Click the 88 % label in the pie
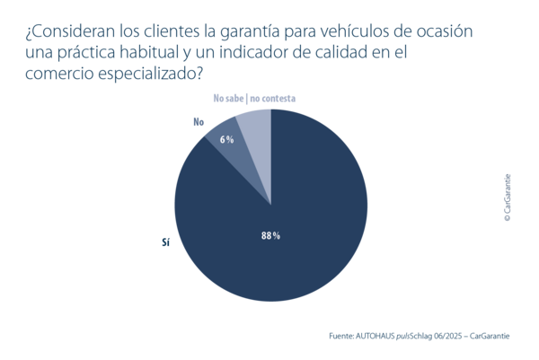click(270, 235)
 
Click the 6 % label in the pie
click(226, 139)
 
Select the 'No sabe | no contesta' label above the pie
click(254, 98)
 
